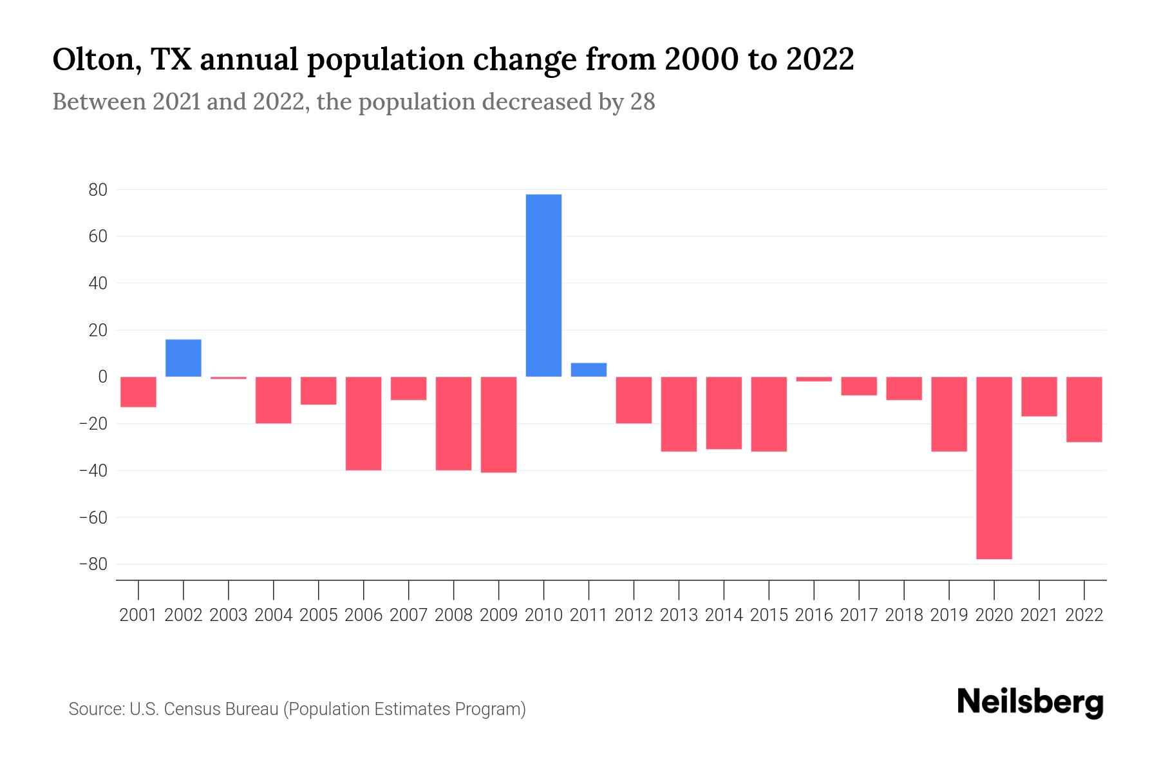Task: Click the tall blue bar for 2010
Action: (x=543, y=285)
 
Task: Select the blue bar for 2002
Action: (x=184, y=358)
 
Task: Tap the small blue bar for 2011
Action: (x=589, y=370)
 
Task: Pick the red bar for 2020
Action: (x=994, y=468)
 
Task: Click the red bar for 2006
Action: (x=364, y=423)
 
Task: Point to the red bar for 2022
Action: (x=1084, y=409)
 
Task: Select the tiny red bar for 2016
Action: (x=814, y=379)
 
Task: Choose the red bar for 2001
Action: (x=138, y=392)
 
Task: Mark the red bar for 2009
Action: (x=498, y=425)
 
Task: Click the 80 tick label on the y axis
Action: (x=98, y=190)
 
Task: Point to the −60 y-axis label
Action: (x=93, y=517)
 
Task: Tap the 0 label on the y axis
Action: (x=102, y=377)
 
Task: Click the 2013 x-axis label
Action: (x=679, y=615)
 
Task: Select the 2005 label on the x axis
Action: (x=319, y=615)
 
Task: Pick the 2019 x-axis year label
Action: (x=948, y=615)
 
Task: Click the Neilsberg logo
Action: (x=1030, y=703)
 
